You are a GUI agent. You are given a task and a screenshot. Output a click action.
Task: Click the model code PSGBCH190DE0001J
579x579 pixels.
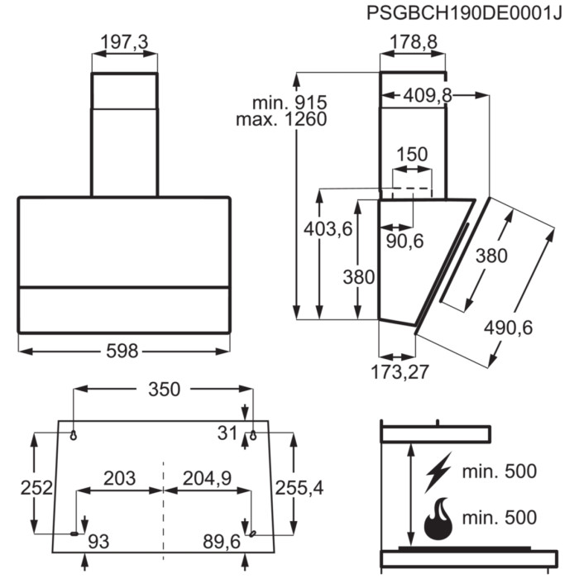click(464, 13)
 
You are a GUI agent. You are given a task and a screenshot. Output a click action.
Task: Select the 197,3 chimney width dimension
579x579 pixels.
click(124, 41)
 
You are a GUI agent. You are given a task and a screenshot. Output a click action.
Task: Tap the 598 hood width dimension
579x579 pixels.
click(122, 351)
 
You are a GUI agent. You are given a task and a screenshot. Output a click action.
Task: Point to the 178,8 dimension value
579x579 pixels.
click(414, 41)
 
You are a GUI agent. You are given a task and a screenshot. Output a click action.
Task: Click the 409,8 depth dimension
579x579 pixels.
click(428, 96)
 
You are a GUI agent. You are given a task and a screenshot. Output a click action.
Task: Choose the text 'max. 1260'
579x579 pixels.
click(281, 119)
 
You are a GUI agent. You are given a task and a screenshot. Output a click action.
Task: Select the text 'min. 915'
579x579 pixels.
click(289, 103)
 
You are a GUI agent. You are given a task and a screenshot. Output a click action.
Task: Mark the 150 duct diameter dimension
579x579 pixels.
click(412, 154)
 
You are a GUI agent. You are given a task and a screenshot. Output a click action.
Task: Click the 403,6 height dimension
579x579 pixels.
click(328, 229)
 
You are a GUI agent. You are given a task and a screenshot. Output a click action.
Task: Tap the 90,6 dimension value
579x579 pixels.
click(404, 242)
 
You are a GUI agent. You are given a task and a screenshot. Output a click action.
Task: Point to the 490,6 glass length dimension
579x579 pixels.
click(508, 328)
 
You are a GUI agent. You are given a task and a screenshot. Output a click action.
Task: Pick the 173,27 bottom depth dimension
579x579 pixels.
click(400, 371)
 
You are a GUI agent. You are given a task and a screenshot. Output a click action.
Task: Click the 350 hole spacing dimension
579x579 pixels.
click(164, 390)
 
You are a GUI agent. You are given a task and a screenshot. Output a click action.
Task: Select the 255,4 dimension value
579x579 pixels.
click(299, 488)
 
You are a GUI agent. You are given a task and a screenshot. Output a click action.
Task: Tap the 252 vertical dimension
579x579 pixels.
click(36, 488)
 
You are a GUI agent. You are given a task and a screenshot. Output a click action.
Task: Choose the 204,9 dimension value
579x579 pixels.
click(207, 478)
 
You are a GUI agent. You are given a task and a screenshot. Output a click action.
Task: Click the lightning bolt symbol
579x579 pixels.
click(438, 472)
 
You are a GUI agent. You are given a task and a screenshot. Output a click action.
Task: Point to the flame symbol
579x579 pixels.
click(438, 519)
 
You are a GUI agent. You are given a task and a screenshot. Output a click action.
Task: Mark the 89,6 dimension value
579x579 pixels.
click(222, 542)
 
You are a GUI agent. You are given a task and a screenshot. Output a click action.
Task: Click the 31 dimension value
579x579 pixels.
click(227, 433)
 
